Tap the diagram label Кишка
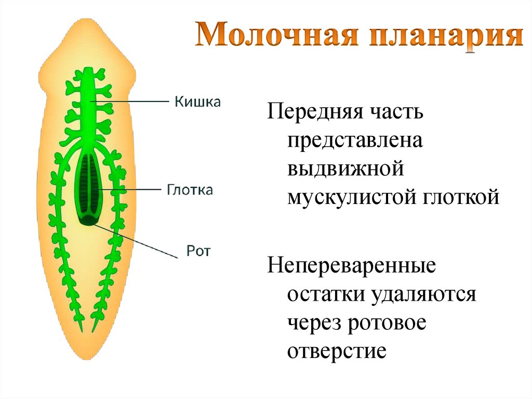(x=197, y=101)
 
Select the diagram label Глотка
(x=190, y=190)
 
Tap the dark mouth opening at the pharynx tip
(x=89, y=221)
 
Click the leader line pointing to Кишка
(x=135, y=100)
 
